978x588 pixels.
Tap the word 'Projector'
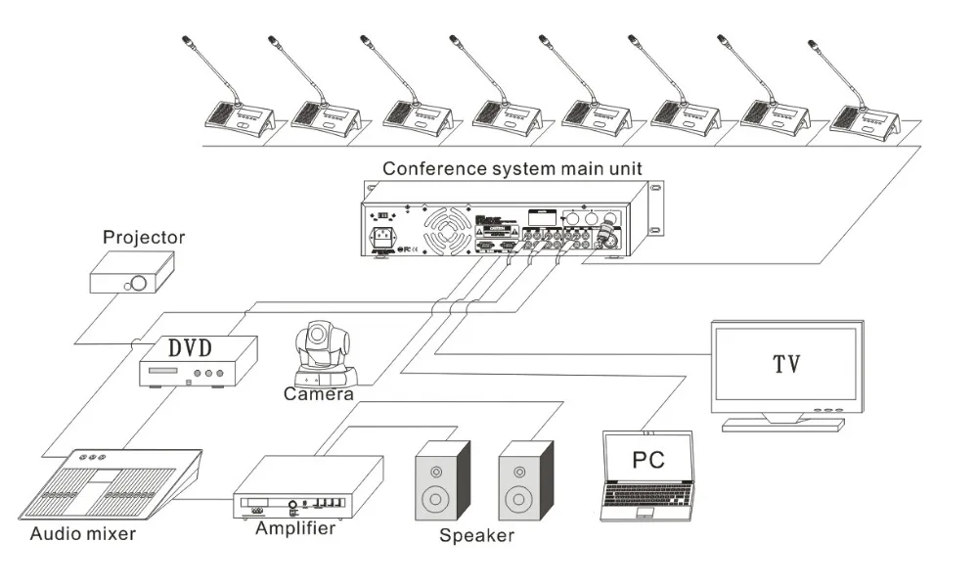pyautogui.click(x=144, y=238)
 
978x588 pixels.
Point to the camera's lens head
pyautogui.click(x=319, y=339)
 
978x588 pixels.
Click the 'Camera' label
pyautogui.click(x=318, y=394)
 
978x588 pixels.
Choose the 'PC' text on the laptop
pyautogui.click(x=647, y=459)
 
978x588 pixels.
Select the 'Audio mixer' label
pyautogui.click(x=82, y=534)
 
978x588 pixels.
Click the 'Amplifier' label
pyautogui.click(x=295, y=528)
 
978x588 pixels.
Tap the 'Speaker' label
pyautogui.click(x=476, y=535)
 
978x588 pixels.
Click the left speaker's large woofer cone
pyautogui.click(x=435, y=502)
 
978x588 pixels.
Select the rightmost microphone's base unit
pyautogui.click(x=864, y=118)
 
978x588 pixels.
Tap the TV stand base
pyautogui.click(x=781, y=424)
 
